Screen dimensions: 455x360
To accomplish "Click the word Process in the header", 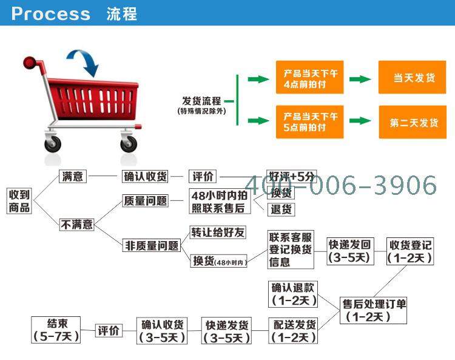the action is tap(51, 13).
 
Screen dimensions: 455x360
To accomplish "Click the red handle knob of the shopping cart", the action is tap(29, 63).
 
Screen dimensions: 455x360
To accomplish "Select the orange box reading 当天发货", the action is tap(412, 77).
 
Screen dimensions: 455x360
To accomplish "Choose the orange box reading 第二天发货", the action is tap(413, 122).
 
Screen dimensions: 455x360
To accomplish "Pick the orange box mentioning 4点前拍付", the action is tap(309, 77).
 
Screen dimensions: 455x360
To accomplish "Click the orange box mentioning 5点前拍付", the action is tap(309, 122).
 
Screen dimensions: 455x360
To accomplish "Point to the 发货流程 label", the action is tap(201, 101).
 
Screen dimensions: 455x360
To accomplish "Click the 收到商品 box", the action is tap(19, 201).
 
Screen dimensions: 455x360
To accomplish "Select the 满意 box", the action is tap(73, 176).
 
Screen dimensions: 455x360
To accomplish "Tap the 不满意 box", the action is tap(76, 225).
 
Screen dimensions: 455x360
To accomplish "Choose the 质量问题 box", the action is tap(145, 200).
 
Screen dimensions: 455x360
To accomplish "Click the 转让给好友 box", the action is tap(218, 233).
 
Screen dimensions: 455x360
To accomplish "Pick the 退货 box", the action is tap(281, 209).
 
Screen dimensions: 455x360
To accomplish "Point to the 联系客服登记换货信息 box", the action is tap(291, 250).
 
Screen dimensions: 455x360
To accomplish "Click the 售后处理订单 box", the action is tap(373, 310).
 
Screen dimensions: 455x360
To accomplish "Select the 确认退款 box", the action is tap(293, 294).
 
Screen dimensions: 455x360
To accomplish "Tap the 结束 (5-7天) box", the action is tap(56, 330).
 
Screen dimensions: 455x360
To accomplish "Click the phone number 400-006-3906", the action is tap(341, 185).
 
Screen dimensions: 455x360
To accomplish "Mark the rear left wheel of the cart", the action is tap(53, 143).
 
